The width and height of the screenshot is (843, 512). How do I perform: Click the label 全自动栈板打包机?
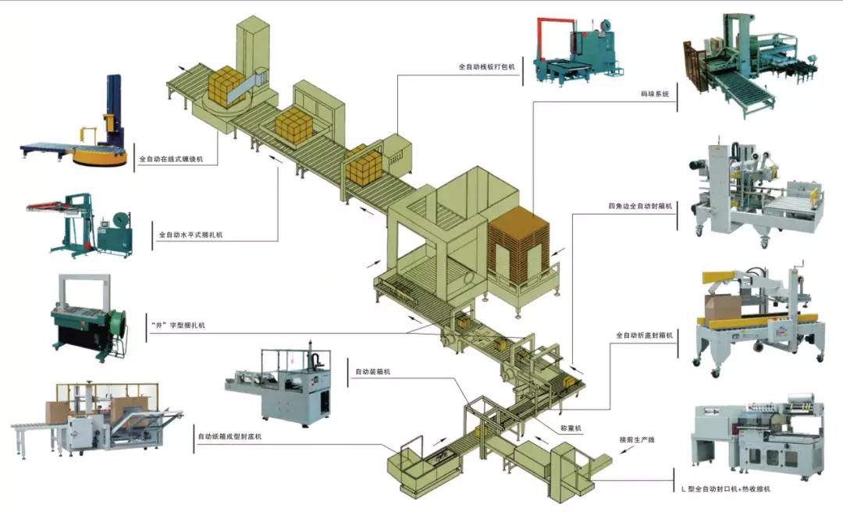click(487, 67)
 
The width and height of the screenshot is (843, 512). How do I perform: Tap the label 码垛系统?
click(655, 94)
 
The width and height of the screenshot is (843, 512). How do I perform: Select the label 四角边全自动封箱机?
click(640, 207)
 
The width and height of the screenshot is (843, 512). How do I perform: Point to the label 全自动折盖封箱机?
click(643, 336)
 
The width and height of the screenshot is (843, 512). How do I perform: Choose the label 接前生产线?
click(636, 440)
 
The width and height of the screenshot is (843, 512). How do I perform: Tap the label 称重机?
click(572, 428)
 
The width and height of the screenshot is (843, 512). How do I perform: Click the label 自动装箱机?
click(372, 372)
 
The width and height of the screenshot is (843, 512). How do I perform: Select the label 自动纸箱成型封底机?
click(229, 436)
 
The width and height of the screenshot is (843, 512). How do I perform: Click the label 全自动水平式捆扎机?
click(190, 234)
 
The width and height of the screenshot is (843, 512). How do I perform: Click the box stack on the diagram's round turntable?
click(227, 85)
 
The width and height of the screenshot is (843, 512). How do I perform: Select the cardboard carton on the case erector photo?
click(56, 411)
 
